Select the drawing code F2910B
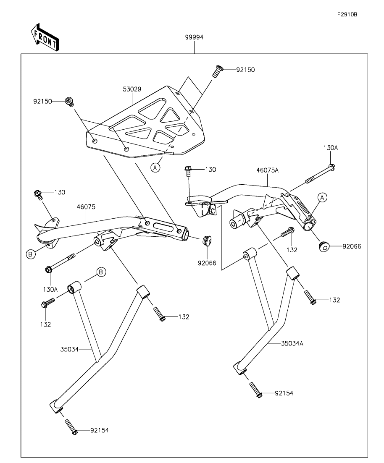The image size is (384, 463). pyautogui.click(x=347, y=14)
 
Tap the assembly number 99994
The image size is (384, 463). pyautogui.click(x=194, y=37)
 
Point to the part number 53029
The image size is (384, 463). pyautogui.click(x=132, y=89)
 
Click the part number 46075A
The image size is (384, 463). pyautogui.click(x=268, y=171)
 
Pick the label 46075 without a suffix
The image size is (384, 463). pyautogui.click(x=87, y=207)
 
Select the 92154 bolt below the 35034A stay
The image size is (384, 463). pyautogui.click(x=255, y=389)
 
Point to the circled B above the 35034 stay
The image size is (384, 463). pyautogui.click(x=101, y=272)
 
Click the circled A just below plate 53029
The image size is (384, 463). pyautogui.click(x=155, y=167)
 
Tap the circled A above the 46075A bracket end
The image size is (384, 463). pyautogui.click(x=322, y=197)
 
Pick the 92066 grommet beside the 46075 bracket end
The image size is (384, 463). pyautogui.click(x=207, y=241)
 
